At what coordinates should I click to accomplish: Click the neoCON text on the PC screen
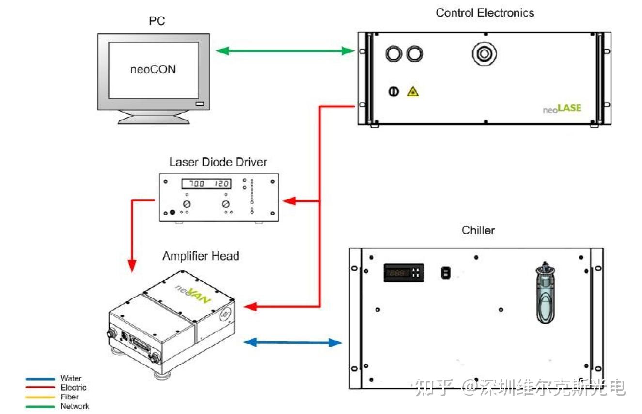pyautogui.click(x=153, y=69)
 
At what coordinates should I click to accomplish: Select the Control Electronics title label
pyautogui.click(x=485, y=13)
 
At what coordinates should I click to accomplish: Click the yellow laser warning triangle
pyautogui.click(x=412, y=91)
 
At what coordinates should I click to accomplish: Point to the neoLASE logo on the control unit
pyautogui.click(x=562, y=108)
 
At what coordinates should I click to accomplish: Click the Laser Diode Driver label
pyautogui.click(x=218, y=162)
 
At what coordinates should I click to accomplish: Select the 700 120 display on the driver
pyautogui.click(x=206, y=183)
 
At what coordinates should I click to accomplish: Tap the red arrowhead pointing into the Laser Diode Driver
pyautogui.click(x=288, y=201)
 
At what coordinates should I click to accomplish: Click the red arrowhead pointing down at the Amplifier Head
pyautogui.click(x=132, y=265)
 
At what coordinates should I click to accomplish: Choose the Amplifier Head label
pyautogui.click(x=201, y=256)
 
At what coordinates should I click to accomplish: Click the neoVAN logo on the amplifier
pyautogui.click(x=193, y=294)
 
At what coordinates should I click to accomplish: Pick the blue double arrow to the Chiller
pyautogui.click(x=292, y=342)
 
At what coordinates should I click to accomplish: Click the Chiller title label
pyautogui.click(x=478, y=230)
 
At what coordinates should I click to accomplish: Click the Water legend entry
pyautogui.click(x=71, y=378)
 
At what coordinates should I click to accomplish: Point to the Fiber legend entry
pyautogui.click(x=69, y=397)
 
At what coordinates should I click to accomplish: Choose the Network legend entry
pyautogui.click(x=75, y=406)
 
